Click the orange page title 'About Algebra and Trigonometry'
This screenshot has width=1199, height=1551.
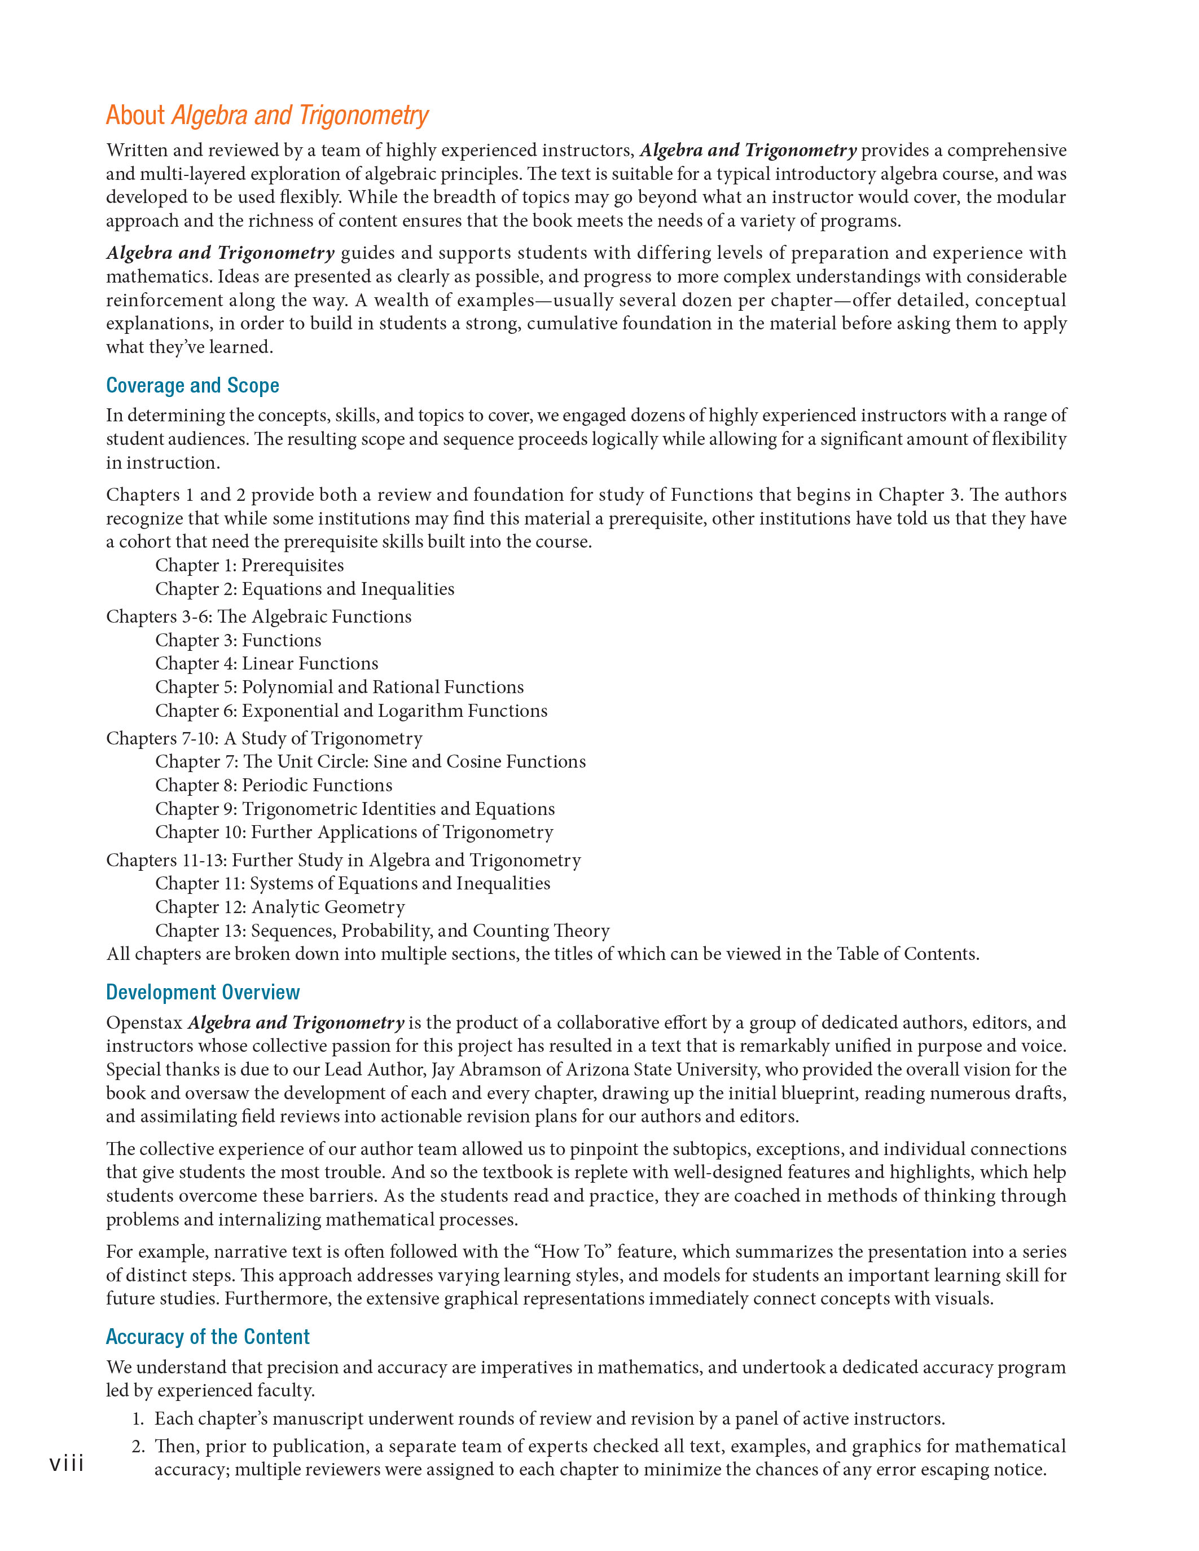click(267, 115)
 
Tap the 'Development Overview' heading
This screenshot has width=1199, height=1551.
click(203, 992)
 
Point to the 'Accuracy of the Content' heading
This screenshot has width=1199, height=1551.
click(208, 1337)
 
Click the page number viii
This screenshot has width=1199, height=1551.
click(67, 1463)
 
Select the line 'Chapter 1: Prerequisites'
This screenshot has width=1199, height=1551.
click(249, 565)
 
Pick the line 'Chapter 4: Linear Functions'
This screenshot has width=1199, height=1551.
click(266, 663)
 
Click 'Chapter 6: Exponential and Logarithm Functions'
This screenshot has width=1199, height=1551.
click(351, 711)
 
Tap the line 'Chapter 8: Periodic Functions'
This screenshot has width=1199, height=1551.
click(274, 786)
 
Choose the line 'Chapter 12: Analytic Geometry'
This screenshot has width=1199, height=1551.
click(280, 907)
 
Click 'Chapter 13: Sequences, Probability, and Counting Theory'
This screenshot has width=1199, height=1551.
click(382, 931)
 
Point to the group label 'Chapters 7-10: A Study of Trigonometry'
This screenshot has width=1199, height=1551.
click(264, 739)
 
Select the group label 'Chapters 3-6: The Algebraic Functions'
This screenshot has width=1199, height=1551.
click(258, 616)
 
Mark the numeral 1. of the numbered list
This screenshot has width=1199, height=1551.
click(138, 1419)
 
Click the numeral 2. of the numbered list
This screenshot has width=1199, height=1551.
click(138, 1447)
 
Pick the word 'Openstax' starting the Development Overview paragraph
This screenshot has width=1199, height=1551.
click(144, 1023)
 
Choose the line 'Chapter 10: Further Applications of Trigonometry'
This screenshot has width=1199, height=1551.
click(354, 832)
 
